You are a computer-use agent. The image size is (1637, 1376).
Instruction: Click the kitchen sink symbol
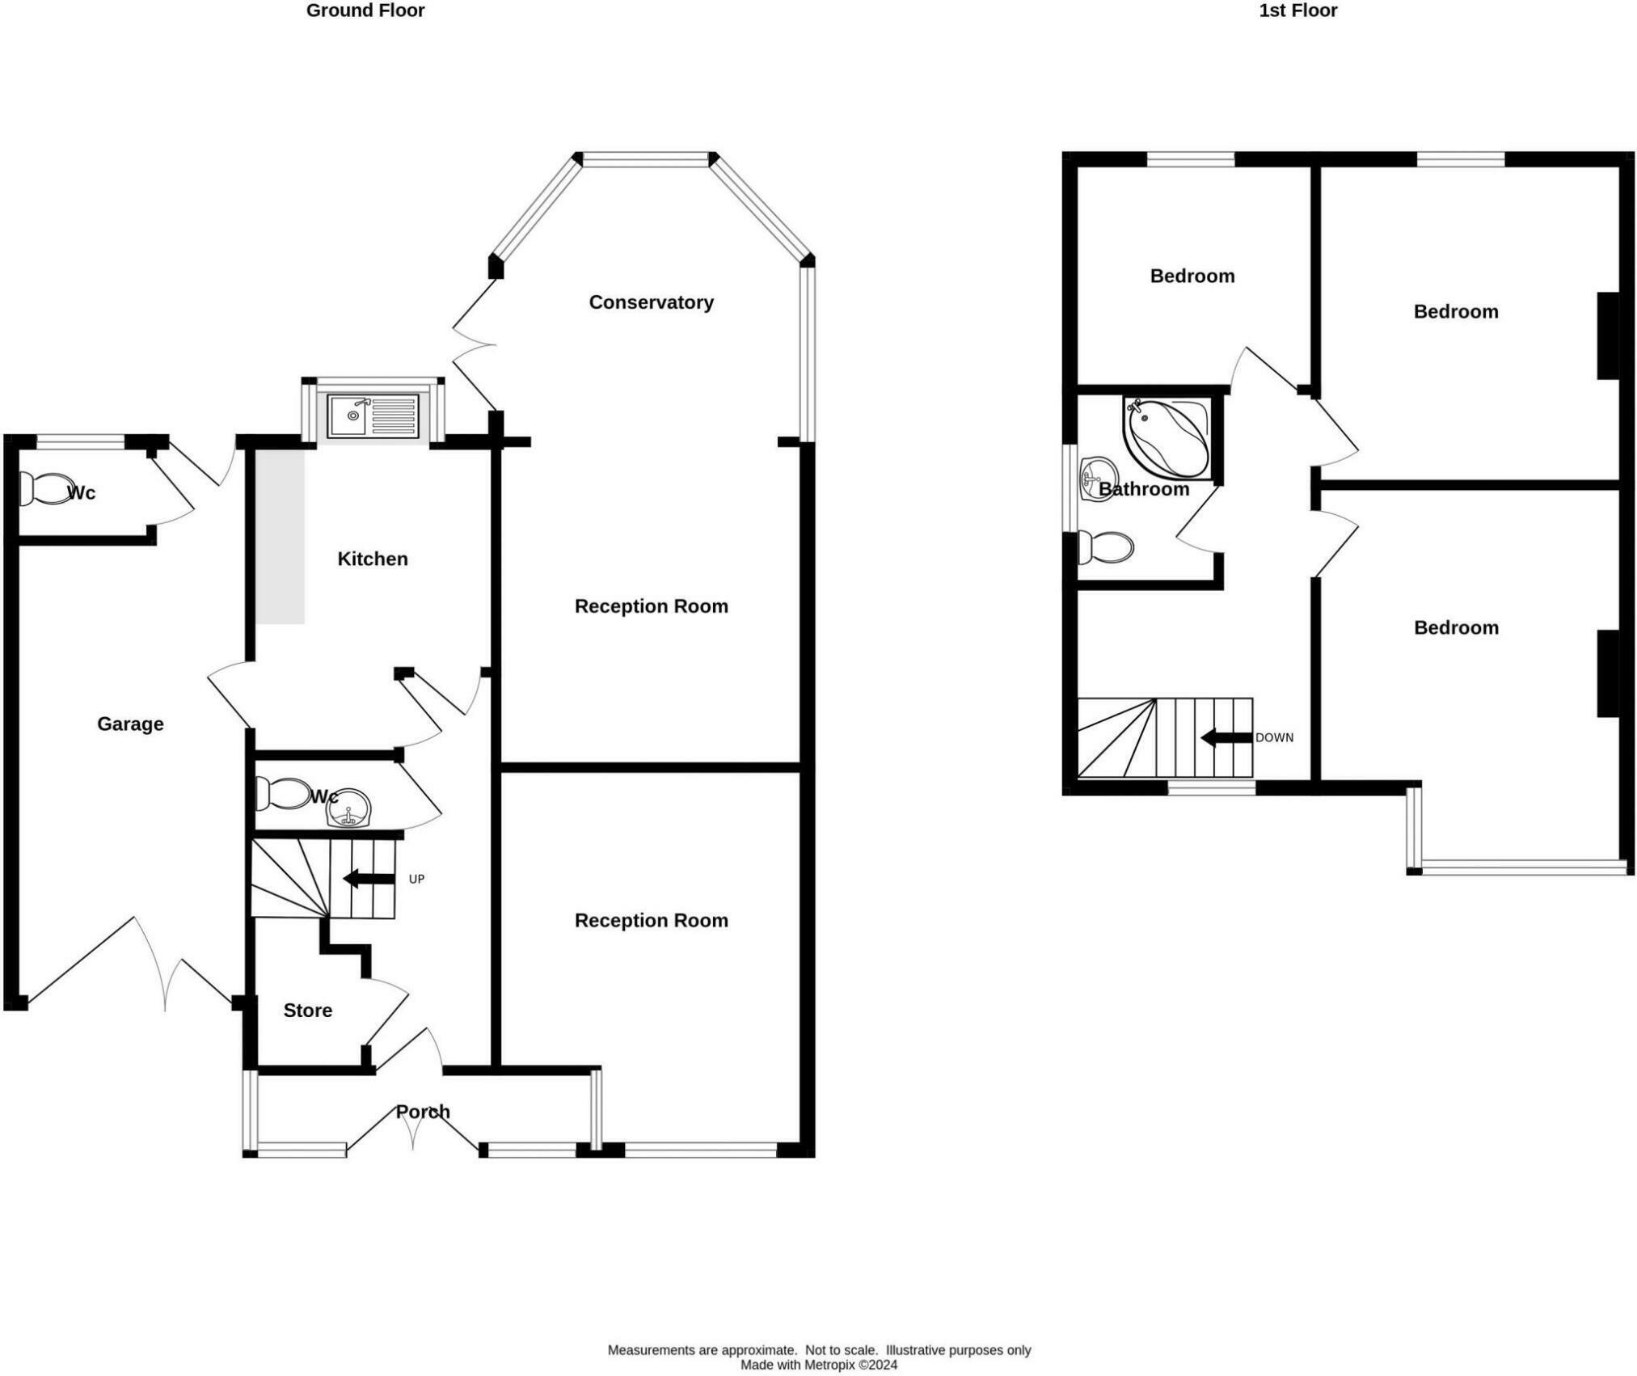[x=373, y=416]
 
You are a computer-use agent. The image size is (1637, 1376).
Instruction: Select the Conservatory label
[x=651, y=302]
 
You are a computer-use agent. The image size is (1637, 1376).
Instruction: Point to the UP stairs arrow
[x=369, y=879]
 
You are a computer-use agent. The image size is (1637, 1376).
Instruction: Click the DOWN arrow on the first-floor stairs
[x=1226, y=737]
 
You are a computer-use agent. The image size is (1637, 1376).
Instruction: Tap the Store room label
[x=307, y=1011]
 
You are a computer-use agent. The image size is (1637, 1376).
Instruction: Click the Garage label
[x=130, y=724]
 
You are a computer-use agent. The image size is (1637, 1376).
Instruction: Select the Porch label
[x=422, y=1112]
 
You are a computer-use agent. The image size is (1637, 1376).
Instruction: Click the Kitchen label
[x=372, y=559]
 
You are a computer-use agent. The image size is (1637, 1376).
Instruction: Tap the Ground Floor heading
[x=365, y=11]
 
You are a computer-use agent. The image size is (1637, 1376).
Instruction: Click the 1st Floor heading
[x=1297, y=11]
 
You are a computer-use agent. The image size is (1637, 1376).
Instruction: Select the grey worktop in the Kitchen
[x=281, y=537]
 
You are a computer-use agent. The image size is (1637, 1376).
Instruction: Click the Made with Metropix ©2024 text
[x=818, y=1365]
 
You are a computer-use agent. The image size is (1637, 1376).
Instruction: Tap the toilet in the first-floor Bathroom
[x=1105, y=548]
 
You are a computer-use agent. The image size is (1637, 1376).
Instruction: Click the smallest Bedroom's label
[x=1192, y=276]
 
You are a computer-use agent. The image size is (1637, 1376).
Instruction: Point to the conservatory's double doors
[x=473, y=346]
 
